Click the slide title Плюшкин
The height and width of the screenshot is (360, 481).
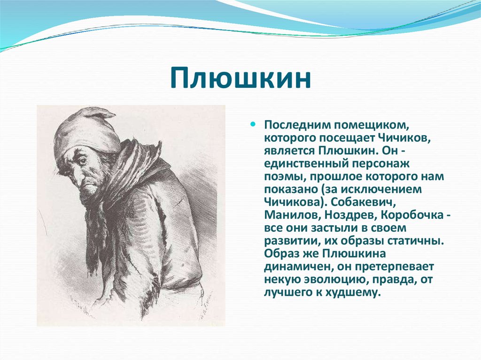[x=240, y=79]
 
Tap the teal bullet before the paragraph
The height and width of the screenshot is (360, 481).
[x=253, y=125]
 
